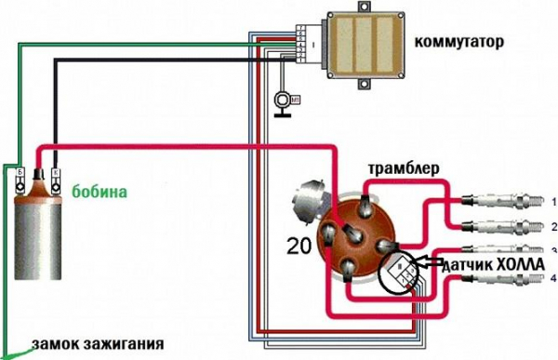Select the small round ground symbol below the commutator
[281, 100]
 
